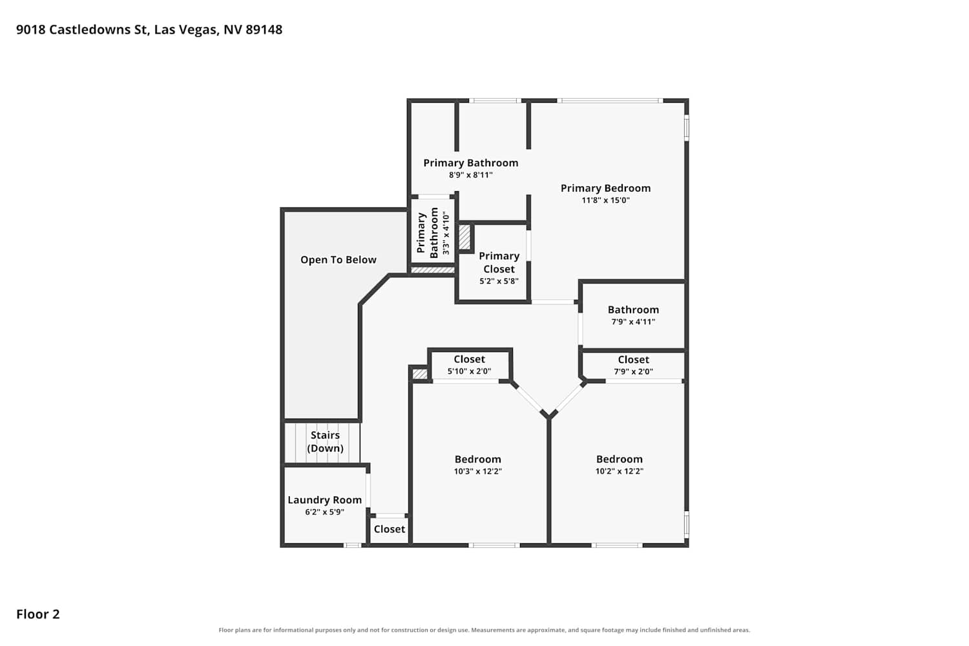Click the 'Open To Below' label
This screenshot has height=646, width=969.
(x=339, y=260)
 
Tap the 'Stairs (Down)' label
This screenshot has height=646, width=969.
(x=326, y=441)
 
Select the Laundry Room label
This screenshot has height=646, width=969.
(x=325, y=500)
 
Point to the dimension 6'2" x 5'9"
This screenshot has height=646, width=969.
(x=325, y=512)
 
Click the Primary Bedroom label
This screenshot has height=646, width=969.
(x=606, y=188)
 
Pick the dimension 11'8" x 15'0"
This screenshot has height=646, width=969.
(x=606, y=200)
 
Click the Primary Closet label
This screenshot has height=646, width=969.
(x=499, y=262)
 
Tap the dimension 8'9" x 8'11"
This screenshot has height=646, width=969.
(x=471, y=175)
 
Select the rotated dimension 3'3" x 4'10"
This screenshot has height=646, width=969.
(x=446, y=233)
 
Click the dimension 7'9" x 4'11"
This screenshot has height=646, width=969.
(x=633, y=322)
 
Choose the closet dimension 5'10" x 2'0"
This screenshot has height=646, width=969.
(x=470, y=371)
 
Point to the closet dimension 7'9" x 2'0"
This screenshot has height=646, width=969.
(x=633, y=371)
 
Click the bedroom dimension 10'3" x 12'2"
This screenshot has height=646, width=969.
(x=477, y=471)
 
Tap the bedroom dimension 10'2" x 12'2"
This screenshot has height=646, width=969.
(x=620, y=471)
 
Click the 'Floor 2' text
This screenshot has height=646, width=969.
(x=38, y=614)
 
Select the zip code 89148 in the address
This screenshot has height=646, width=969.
(x=264, y=30)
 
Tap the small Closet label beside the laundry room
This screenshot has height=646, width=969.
(x=390, y=528)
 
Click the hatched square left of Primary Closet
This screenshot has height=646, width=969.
(x=464, y=237)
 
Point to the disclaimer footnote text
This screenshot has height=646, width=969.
(x=484, y=630)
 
